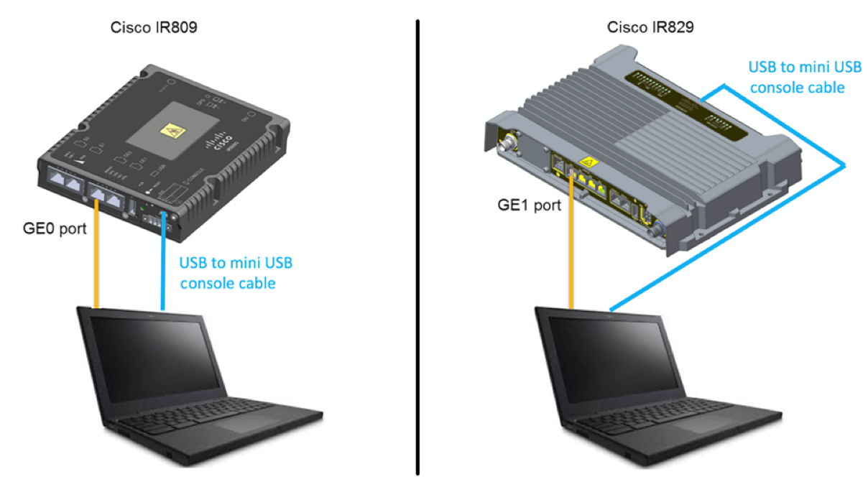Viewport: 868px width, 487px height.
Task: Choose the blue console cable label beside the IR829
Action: (795, 78)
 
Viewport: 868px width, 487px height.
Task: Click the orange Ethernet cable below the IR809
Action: (97, 259)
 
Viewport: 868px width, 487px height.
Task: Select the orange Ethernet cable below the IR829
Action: (572, 244)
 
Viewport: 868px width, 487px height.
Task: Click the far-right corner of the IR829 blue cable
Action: (845, 166)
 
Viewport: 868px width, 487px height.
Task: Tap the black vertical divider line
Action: (417, 244)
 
